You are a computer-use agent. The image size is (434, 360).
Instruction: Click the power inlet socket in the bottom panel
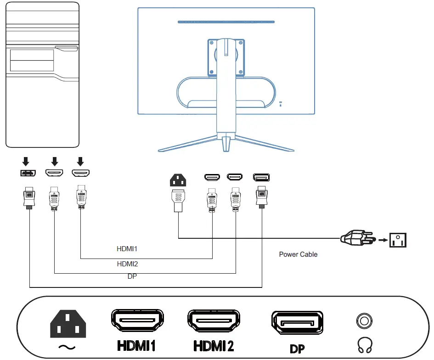[x=68, y=323]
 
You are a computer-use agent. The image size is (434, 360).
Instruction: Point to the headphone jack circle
[x=364, y=320]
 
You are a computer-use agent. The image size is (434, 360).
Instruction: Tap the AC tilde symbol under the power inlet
[x=68, y=347]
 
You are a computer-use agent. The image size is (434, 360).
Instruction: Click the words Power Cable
[x=298, y=254]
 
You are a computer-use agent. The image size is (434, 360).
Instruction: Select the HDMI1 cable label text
[x=127, y=249]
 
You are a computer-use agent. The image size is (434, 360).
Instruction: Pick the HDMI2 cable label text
[x=127, y=264]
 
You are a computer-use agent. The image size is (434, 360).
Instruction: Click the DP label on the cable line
[x=132, y=276]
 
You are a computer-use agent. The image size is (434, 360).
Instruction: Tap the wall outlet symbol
[x=398, y=240]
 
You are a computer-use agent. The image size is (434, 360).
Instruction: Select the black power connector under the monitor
[x=178, y=180]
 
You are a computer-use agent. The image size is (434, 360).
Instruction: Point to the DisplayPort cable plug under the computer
[x=29, y=197]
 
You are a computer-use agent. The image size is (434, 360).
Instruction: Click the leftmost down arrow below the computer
[x=26, y=161]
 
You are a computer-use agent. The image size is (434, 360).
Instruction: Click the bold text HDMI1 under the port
[x=136, y=346]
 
